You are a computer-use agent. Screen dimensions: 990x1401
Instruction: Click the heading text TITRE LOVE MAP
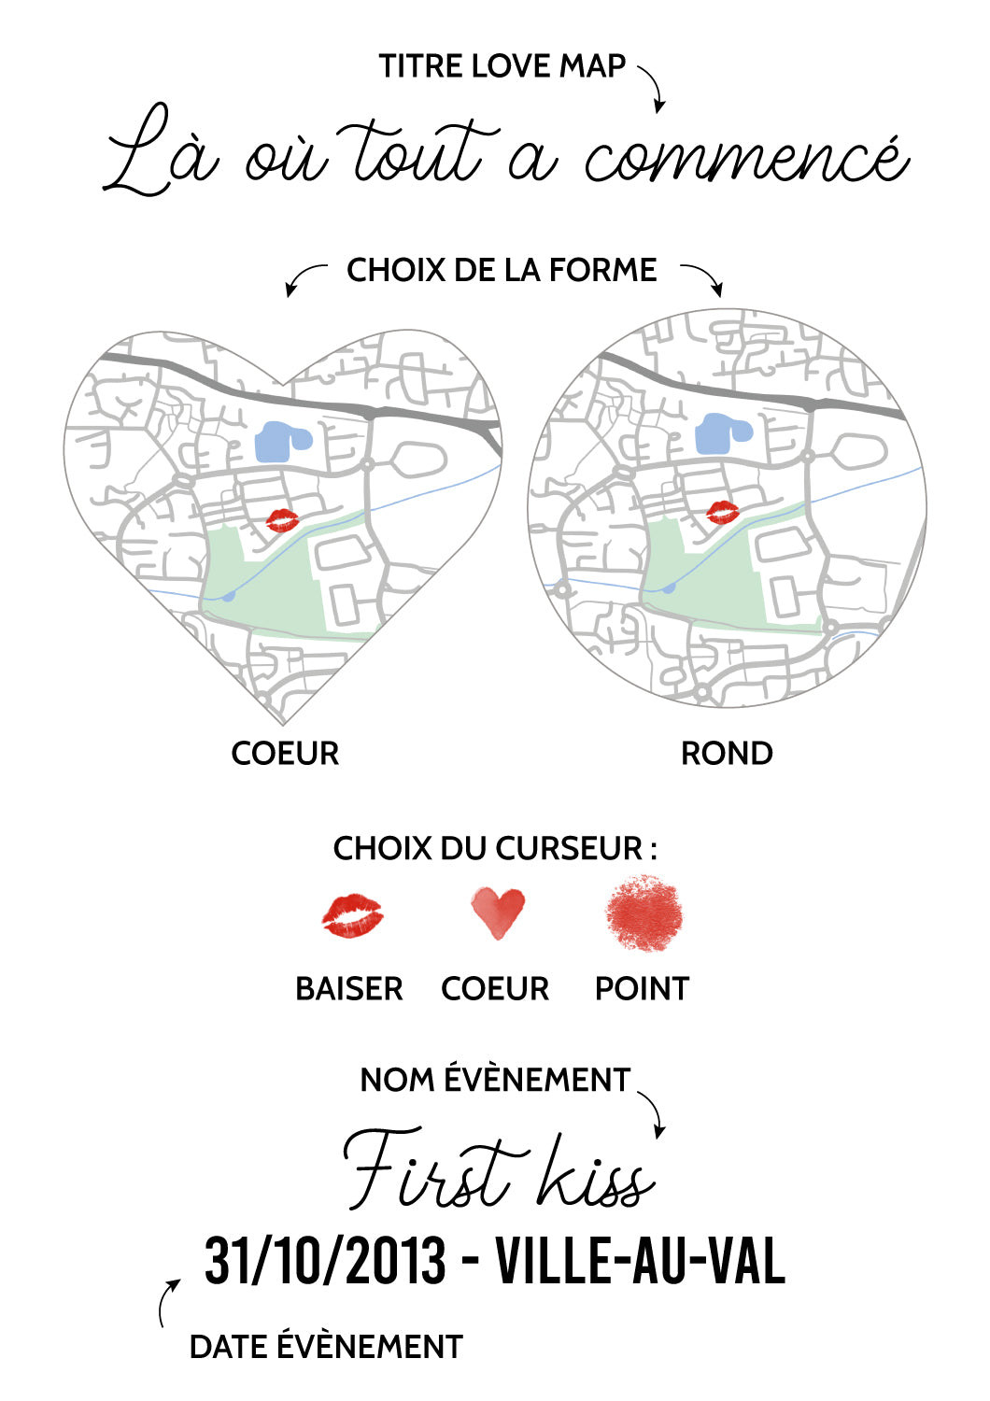pos(502,66)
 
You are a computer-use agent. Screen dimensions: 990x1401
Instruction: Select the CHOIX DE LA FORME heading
pos(502,270)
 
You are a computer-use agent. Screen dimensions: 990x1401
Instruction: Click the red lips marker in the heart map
pos(283,519)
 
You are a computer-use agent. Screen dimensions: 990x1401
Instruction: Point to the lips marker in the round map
pos(722,512)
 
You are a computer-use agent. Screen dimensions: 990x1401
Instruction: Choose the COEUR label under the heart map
pos(285,753)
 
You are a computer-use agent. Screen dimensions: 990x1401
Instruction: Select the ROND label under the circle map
pos(726,753)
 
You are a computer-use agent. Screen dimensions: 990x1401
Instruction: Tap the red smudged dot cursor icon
pos(643,913)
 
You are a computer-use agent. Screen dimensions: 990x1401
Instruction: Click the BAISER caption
pos(349,989)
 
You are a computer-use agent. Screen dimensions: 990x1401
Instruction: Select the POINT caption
pos(642,989)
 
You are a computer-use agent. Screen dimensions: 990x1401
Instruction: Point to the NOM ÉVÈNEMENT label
pos(495,1080)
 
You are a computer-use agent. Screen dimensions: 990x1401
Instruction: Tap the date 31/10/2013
pos(325,1260)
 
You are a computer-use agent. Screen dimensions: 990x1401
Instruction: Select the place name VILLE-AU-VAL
pos(641,1260)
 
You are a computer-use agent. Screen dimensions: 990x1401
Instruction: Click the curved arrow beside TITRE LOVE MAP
pos(655,85)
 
